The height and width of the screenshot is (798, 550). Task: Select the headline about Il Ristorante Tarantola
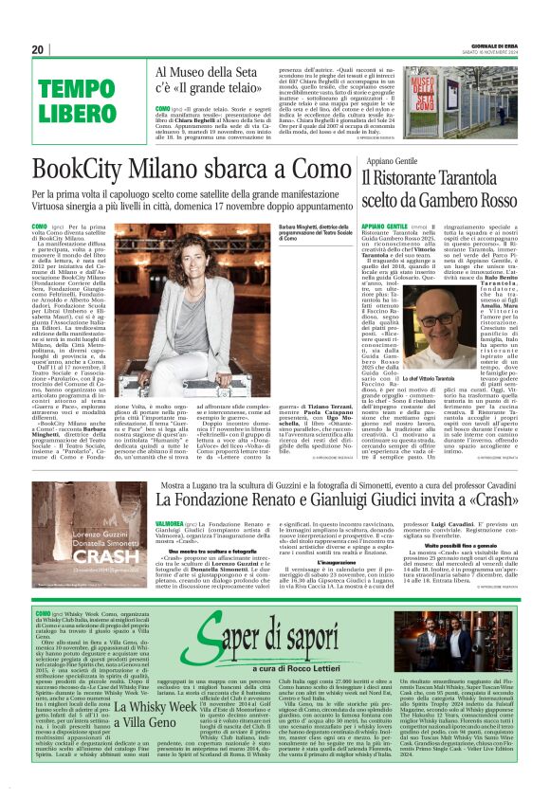pyautogui.click(x=434, y=190)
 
